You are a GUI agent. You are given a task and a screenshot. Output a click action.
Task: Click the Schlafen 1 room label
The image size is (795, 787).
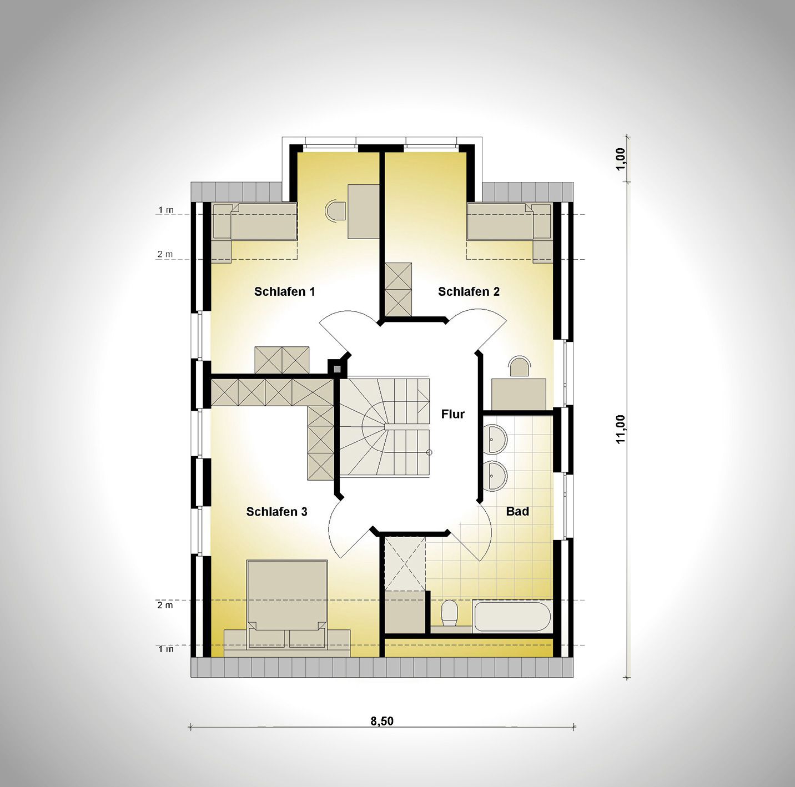284,291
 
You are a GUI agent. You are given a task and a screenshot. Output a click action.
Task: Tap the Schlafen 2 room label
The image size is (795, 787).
469,291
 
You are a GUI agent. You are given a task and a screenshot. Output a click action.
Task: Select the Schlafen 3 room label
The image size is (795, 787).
276,512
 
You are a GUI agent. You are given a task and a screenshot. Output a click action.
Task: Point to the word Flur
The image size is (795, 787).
452,414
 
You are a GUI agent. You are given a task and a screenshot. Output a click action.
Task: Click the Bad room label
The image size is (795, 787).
517,512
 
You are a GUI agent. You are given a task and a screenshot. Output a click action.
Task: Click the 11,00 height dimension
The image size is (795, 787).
621,429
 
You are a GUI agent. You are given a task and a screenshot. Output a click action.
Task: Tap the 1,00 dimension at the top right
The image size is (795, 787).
621,158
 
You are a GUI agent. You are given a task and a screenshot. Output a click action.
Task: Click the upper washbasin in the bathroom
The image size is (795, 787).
494,440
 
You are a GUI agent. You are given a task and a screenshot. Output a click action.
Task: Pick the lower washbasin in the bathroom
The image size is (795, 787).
494,476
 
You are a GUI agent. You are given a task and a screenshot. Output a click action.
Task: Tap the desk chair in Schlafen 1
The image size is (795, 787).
335,211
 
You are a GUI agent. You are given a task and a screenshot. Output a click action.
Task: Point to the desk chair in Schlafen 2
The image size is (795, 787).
519,366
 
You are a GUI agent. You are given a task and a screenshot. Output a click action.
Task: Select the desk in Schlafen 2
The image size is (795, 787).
519,394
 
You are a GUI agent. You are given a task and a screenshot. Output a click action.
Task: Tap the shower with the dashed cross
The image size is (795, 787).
405,564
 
